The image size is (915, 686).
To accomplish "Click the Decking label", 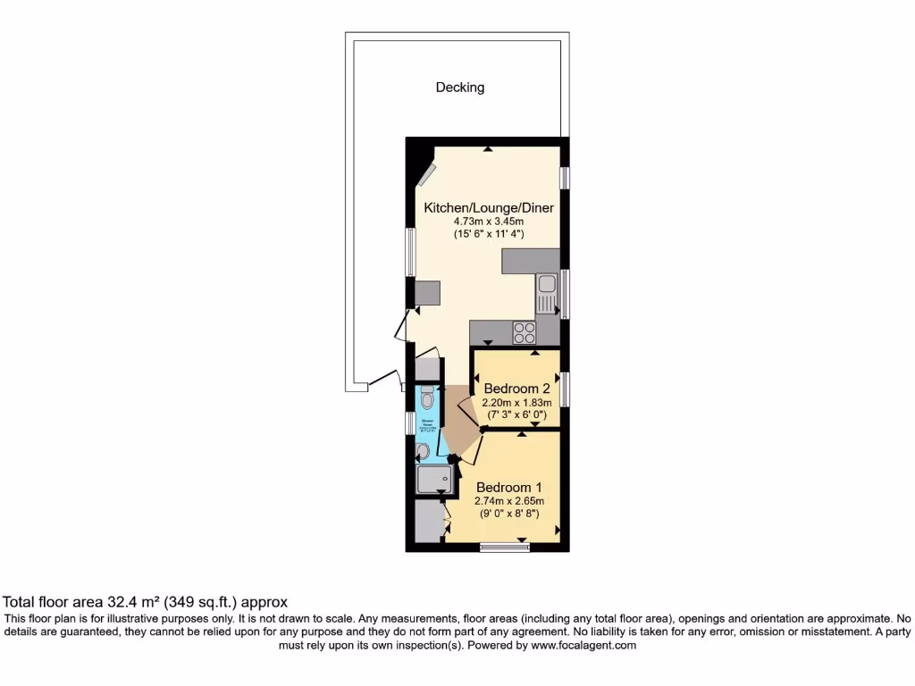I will (x=459, y=88).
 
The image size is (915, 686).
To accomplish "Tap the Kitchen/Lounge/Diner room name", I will (x=489, y=208).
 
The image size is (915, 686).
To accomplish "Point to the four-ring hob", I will (x=525, y=332).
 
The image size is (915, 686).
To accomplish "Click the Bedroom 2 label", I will (x=516, y=389).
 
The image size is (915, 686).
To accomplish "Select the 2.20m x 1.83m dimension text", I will (x=516, y=402).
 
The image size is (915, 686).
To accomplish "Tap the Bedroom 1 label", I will (x=509, y=488).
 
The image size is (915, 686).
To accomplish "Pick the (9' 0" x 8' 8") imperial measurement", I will (x=509, y=514).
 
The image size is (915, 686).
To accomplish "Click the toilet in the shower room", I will (x=426, y=397).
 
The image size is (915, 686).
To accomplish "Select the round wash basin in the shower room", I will (x=422, y=452).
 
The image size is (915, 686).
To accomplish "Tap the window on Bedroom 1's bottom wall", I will (x=504, y=547).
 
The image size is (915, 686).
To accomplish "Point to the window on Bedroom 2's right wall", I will (x=566, y=389).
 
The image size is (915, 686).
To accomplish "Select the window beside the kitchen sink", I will (x=566, y=293).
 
